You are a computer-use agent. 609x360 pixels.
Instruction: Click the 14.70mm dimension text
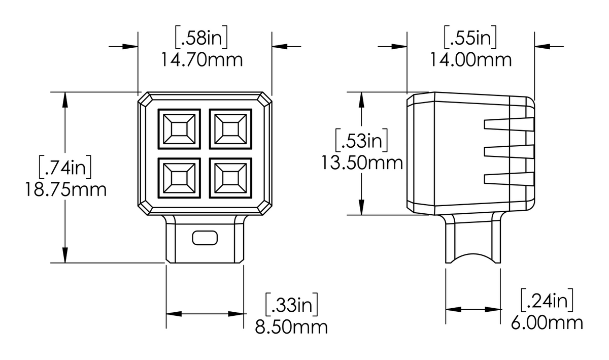(x=202, y=60)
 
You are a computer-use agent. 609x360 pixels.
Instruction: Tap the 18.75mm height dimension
(x=65, y=190)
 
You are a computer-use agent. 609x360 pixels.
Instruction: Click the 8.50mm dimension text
(x=291, y=326)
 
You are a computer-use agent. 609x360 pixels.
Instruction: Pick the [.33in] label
(x=292, y=304)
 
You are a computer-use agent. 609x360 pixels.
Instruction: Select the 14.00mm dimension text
(x=470, y=60)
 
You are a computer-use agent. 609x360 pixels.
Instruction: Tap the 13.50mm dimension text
(x=362, y=163)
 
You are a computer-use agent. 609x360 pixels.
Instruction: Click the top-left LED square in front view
(x=179, y=129)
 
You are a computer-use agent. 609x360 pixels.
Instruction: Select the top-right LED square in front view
(x=231, y=129)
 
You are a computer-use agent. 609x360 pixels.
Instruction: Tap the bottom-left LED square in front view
(x=179, y=178)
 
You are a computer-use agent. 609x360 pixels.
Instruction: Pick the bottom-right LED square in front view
(x=231, y=178)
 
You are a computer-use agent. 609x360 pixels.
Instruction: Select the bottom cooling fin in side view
(x=509, y=179)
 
